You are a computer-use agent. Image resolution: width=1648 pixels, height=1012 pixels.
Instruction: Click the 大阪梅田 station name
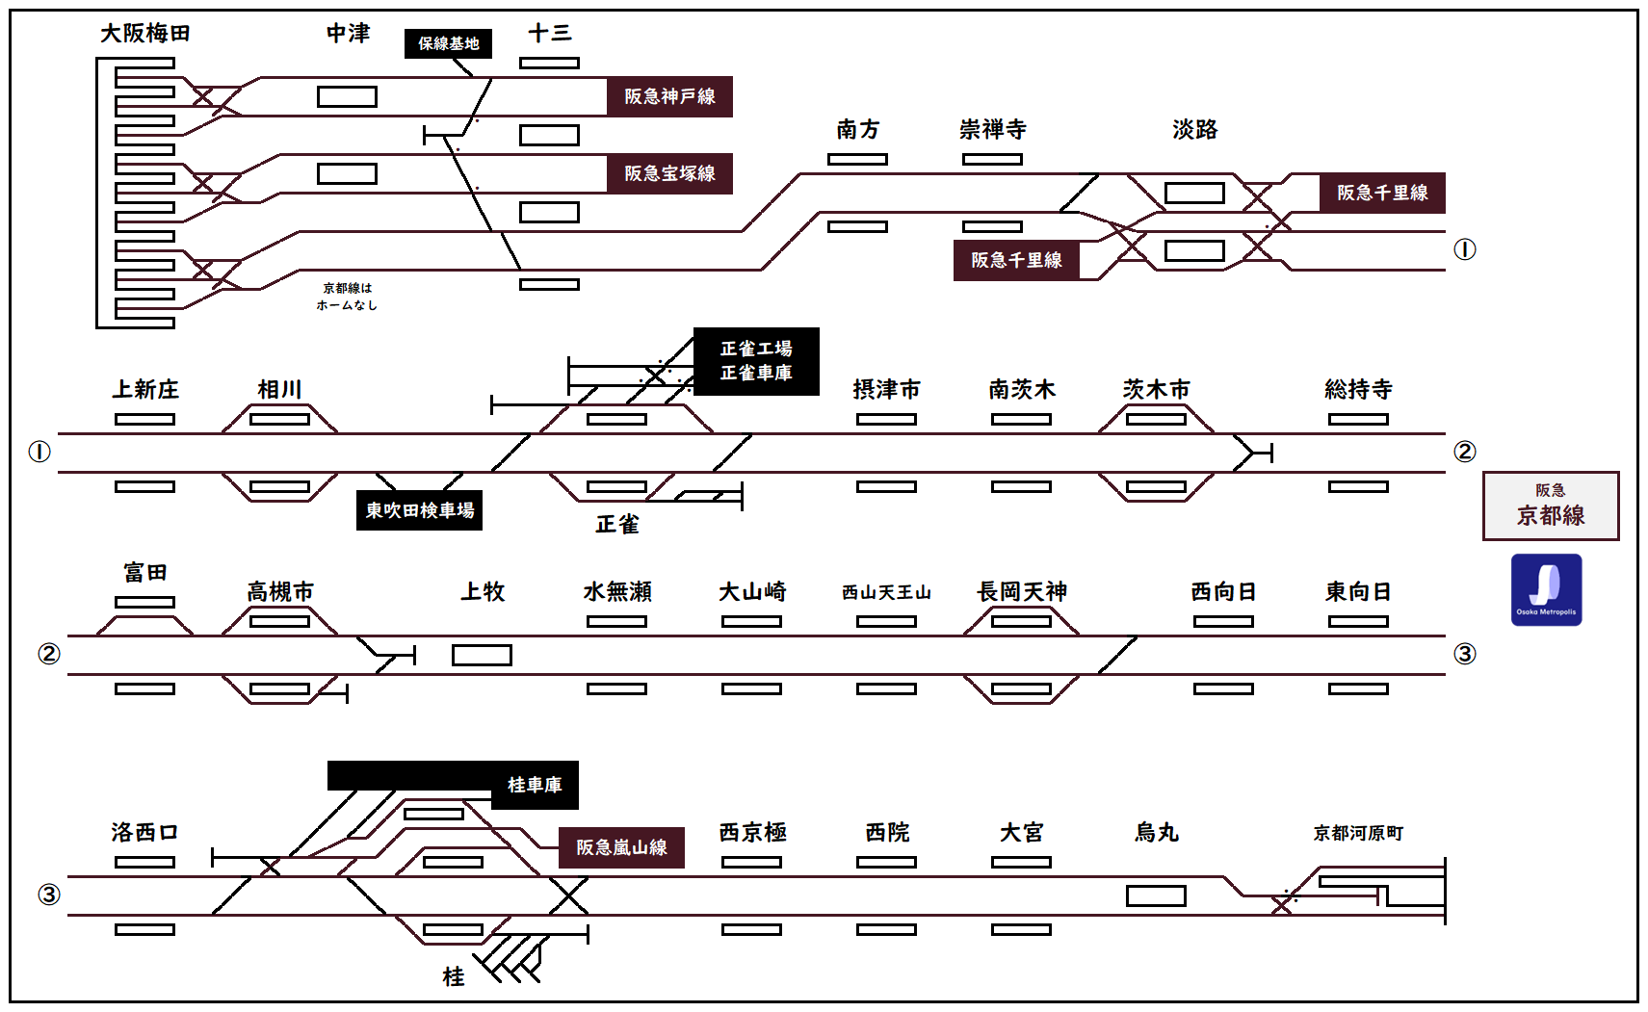[145, 34]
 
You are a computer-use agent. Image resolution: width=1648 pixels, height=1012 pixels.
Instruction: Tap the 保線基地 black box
[448, 43]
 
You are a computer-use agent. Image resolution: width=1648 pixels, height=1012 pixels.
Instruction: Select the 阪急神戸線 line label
[669, 96]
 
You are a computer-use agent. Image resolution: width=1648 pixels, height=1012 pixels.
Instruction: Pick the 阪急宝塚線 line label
[669, 173]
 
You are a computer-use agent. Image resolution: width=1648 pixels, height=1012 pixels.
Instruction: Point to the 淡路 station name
[1194, 130]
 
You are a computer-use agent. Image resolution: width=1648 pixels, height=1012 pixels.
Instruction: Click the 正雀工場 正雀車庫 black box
[756, 361]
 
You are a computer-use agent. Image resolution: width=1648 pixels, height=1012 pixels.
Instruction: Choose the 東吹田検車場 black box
[419, 510]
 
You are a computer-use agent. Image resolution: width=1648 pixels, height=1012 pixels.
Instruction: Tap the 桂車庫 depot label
[535, 785]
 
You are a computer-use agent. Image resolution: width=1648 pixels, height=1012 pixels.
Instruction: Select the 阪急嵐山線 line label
[621, 847]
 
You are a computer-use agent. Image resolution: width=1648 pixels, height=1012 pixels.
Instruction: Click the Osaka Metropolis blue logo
[1546, 589]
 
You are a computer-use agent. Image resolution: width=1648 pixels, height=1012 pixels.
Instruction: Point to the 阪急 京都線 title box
[1550, 506]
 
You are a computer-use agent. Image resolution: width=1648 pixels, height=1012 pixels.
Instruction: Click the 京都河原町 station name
[1358, 833]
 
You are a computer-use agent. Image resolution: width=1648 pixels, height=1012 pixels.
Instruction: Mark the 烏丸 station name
[1156, 833]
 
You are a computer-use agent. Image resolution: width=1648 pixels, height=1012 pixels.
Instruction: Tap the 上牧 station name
[482, 592]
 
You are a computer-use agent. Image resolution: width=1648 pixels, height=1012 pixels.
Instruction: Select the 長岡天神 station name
[1021, 592]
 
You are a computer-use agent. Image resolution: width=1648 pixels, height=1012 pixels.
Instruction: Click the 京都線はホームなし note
[347, 297]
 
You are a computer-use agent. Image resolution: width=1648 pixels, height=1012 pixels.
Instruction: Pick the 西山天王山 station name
[886, 592]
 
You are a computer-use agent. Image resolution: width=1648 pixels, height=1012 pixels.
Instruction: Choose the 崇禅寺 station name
[992, 130]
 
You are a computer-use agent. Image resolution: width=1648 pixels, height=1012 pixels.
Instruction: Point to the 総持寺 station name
[1358, 390]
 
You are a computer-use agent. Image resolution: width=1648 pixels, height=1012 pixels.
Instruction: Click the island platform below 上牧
[482, 656]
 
